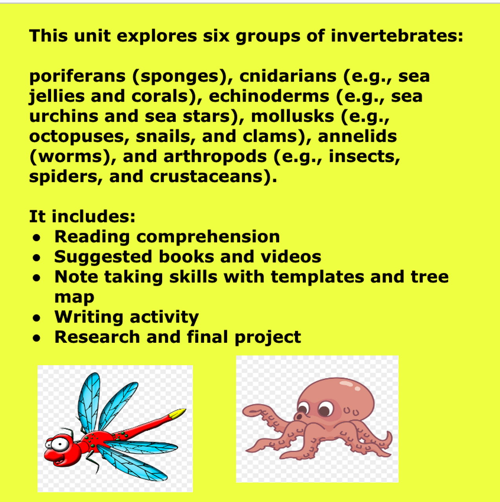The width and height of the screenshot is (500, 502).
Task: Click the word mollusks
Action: (x=292, y=116)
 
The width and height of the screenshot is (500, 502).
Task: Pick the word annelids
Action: (x=357, y=136)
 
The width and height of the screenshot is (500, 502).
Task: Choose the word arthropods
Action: (x=215, y=156)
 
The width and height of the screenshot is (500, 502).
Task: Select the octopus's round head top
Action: (x=345, y=386)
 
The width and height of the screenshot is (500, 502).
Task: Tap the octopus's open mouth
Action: (x=299, y=416)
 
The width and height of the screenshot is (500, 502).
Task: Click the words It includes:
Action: (x=82, y=216)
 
